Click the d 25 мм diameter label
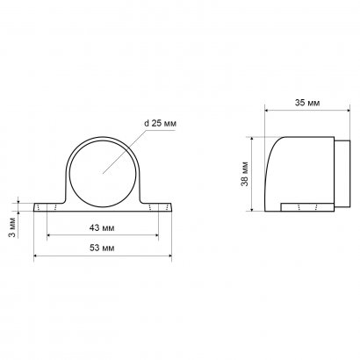161,123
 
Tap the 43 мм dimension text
102,227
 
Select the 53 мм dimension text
102,248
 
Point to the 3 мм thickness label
12,227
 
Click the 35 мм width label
307,103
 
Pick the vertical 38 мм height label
245,174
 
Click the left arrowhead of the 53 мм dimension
36,256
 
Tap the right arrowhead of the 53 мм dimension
169,256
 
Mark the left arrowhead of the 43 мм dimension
49,234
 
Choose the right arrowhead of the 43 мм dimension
156,234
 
